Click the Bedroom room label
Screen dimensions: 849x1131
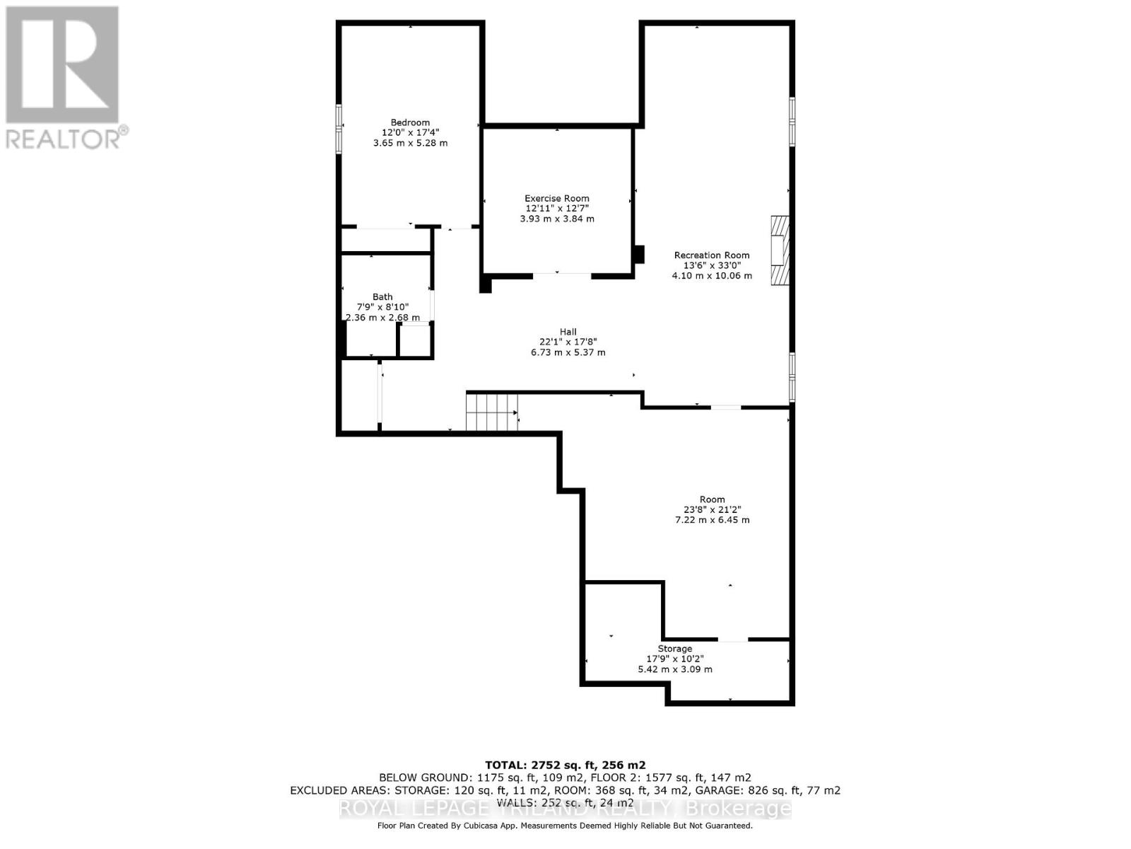[410, 122]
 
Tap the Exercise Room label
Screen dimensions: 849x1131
[556, 199]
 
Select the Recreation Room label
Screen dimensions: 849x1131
[711, 255]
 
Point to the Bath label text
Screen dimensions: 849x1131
[382, 297]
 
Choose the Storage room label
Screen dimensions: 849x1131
[674, 649]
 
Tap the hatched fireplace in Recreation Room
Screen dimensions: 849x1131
[779, 250]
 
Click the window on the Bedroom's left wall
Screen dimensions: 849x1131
[339, 127]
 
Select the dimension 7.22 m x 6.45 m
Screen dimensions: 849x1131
[712, 520]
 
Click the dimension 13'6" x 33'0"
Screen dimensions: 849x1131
[711, 265]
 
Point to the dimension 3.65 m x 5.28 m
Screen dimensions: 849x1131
[410, 143]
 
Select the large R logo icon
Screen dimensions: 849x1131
[62, 64]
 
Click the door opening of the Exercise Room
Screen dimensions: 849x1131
[561, 275]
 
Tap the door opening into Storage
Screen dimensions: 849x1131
[732, 640]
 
